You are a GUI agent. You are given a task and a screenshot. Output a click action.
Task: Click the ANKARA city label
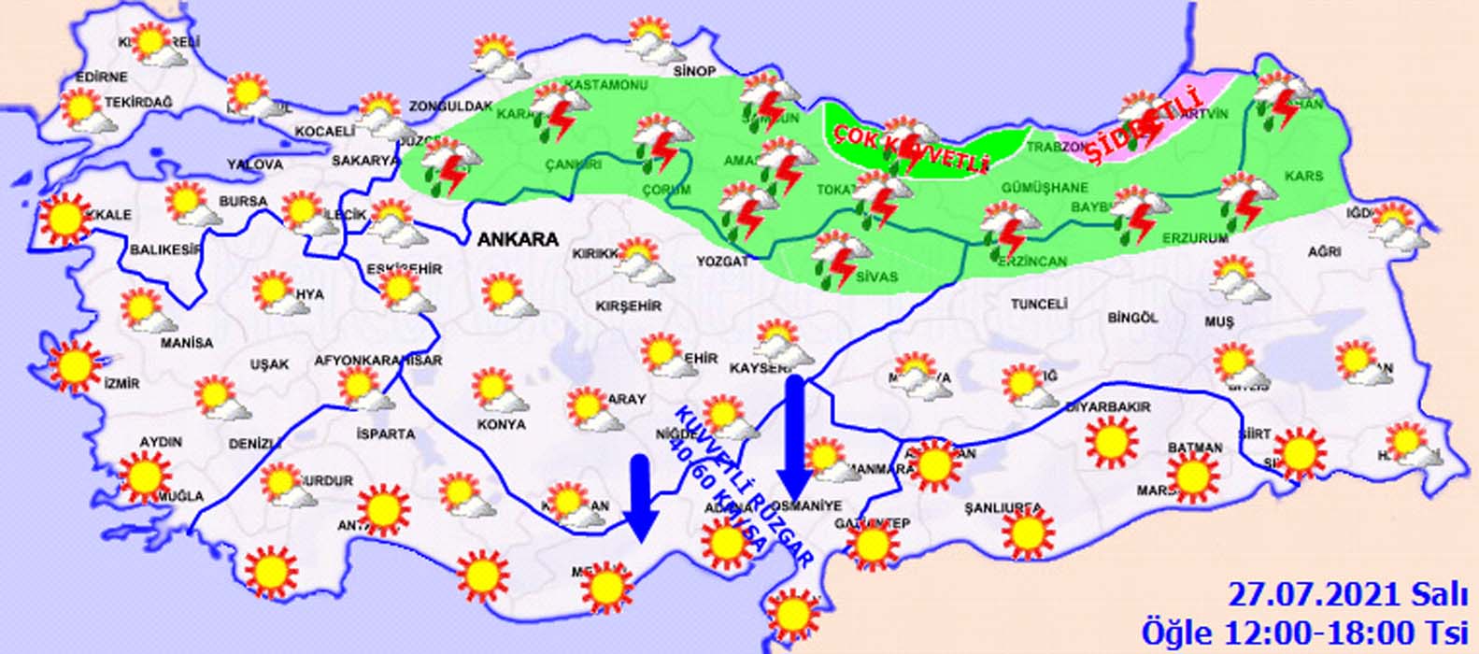(518, 239)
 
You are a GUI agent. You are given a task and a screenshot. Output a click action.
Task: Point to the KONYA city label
(501, 424)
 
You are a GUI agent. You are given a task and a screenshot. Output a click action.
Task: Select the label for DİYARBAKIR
(1108, 407)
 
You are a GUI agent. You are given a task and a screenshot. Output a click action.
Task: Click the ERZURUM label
(1195, 239)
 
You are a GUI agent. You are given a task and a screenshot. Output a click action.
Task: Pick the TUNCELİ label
(1038, 305)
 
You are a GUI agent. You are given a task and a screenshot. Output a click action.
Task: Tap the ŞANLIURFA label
(1003, 508)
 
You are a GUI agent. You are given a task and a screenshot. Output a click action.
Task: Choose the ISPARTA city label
(385, 434)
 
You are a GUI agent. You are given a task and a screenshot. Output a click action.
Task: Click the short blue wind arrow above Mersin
(640, 496)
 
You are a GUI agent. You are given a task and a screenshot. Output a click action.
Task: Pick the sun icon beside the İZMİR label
(75, 365)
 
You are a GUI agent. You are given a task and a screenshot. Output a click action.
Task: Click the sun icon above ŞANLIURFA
(1028, 531)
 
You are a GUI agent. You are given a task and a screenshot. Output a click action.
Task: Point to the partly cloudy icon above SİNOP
(650, 39)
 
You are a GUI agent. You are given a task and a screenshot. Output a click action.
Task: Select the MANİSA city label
(186, 343)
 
